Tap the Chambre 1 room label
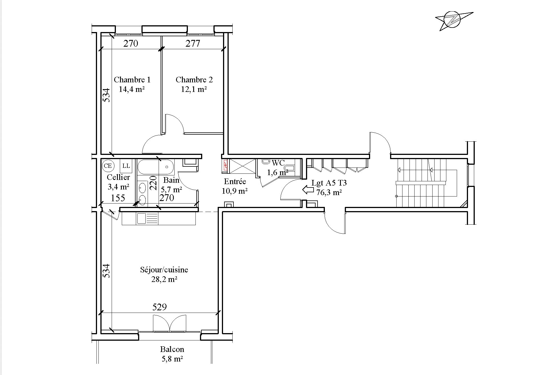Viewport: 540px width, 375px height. click(132, 80)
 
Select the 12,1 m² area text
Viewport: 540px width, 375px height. click(194, 89)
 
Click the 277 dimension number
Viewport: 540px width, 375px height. click(193, 43)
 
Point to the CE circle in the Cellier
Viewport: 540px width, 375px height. click(108, 166)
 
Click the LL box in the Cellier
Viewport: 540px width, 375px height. click(126, 166)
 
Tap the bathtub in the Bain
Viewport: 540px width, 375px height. click(156, 167)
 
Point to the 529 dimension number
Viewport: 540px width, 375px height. click(159, 307)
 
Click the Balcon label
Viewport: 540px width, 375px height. click(172, 349)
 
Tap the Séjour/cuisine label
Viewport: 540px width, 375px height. click(164, 270)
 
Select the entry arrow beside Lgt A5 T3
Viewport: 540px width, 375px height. click(308, 190)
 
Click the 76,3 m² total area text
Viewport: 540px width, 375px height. click(329, 193)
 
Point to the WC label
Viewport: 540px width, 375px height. click(278, 163)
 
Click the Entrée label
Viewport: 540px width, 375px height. click(235, 182)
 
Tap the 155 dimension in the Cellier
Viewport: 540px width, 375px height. click(118, 198)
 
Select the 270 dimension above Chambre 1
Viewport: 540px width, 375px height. click(131, 43)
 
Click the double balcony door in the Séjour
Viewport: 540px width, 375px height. click(170, 323)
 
